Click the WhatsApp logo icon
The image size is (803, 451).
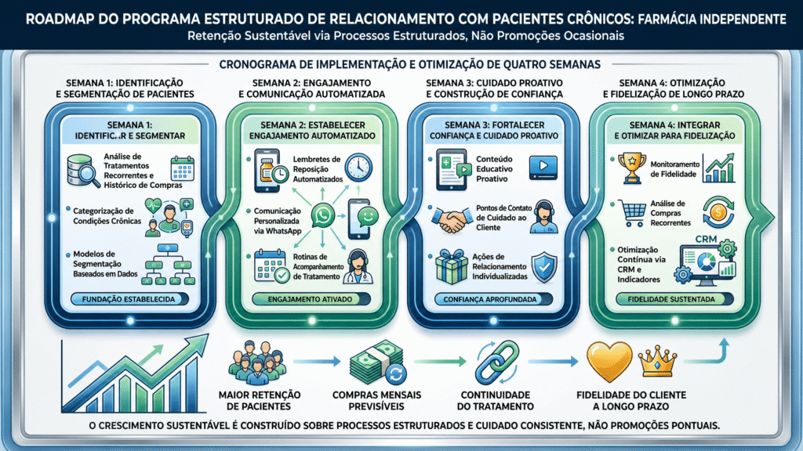(x=323, y=215)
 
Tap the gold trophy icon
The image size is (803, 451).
(x=632, y=168)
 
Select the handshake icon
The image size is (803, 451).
(x=452, y=219)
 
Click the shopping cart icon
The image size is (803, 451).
(x=632, y=213)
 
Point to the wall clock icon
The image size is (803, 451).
(x=358, y=168)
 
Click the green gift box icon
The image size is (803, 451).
(x=451, y=266)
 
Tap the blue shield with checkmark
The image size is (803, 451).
(x=544, y=267)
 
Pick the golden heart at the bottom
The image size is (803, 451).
(x=609, y=362)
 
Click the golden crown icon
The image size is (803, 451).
(x=658, y=361)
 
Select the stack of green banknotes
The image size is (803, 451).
(x=377, y=362)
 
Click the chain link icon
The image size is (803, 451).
(x=496, y=362)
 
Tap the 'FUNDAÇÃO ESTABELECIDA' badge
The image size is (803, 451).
(x=129, y=299)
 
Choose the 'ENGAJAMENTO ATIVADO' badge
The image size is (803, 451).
(x=311, y=299)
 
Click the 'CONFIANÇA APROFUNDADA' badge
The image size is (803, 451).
(x=493, y=299)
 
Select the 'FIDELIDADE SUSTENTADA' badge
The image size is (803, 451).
(x=674, y=299)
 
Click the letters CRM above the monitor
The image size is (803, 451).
(x=707, y=239)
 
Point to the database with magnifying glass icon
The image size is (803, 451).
(x=83, y=171)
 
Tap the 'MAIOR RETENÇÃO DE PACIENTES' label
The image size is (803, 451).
(x=259, y=400)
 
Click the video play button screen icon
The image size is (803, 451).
(x=543, y=168)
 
